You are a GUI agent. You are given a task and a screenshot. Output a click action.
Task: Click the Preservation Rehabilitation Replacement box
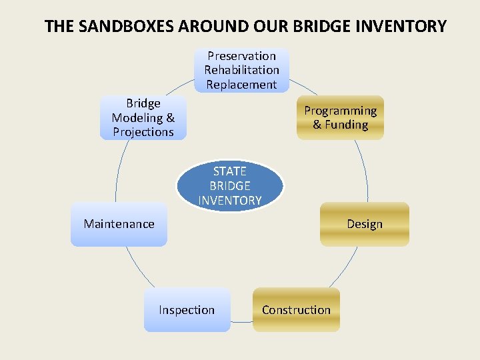[241, 70]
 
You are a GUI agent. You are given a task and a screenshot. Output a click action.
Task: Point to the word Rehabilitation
[241, 70]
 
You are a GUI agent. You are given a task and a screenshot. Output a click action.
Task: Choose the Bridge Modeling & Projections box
[143, 118]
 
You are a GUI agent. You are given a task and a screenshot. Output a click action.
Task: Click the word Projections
[143, 132]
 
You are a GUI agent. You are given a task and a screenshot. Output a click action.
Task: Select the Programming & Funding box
[340, 118]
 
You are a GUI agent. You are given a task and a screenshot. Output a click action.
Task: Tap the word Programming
[340, 111]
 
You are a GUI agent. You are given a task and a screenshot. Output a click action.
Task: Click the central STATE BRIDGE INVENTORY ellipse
[230, 185]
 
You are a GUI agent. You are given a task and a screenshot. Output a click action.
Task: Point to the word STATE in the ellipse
[230, 171]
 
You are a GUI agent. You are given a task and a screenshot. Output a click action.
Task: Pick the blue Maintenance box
[119, 224]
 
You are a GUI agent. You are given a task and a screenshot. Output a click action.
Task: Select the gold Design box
[364, 224]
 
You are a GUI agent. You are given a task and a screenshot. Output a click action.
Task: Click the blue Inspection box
[187, 310]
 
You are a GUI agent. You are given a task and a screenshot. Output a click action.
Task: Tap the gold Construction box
[296, 310]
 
